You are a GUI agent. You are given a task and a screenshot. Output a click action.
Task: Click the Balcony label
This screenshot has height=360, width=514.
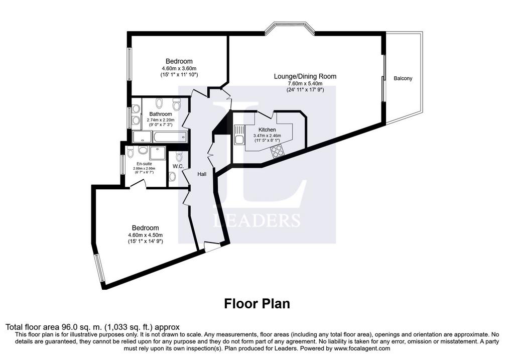pyautogui.click(x=403, y=78)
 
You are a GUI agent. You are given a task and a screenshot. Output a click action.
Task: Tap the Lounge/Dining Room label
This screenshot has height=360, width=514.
pyautogui.click(x=305, y=76)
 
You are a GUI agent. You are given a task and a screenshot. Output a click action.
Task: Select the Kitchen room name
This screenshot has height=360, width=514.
pyautogui.click(x=267, y=130)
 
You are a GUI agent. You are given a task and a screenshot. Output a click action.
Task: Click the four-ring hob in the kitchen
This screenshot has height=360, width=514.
pyautogui.click(x=278, y=151)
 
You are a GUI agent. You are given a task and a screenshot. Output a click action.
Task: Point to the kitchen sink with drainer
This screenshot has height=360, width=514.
pyautogui.click(x=239, y=135)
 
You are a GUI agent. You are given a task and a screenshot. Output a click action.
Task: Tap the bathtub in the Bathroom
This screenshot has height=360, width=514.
pyautogui.click(x=170, y=137)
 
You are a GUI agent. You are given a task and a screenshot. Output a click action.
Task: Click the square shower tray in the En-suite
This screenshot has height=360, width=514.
pyautogui.click(x=158, y=153)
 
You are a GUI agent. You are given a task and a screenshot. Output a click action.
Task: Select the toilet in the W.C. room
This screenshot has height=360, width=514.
pyautogui.click(x=173, y=176)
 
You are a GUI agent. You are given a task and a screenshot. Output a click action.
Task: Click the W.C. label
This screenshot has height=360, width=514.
pyautogui.click(x=178, y=166)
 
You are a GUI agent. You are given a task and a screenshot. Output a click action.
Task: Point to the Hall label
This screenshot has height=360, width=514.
pyautogui.click(x=202, y=174)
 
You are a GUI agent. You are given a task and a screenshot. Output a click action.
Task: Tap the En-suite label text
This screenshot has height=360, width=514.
pyautogui.click(x=144, y=164)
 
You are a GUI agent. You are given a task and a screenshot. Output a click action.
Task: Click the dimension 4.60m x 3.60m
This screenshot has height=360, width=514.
pyautogui.click(x=179, y=68)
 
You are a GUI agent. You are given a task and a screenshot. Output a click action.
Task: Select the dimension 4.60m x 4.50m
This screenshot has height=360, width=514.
pyautogui.click(x=146, y=235)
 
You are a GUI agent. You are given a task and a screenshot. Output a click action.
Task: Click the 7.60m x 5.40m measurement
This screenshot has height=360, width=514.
pyautogui.click(x=305, y=84)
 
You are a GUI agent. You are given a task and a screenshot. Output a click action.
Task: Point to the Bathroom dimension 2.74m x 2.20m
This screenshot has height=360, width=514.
pyautogui.click(x=161, y=120)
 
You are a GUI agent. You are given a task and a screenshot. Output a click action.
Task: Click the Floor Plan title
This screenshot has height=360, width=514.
pyautogui.click(x=257, y=304)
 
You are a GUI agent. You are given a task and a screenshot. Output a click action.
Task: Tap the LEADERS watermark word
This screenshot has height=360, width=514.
pyautogui.click(x=256, y=220)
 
